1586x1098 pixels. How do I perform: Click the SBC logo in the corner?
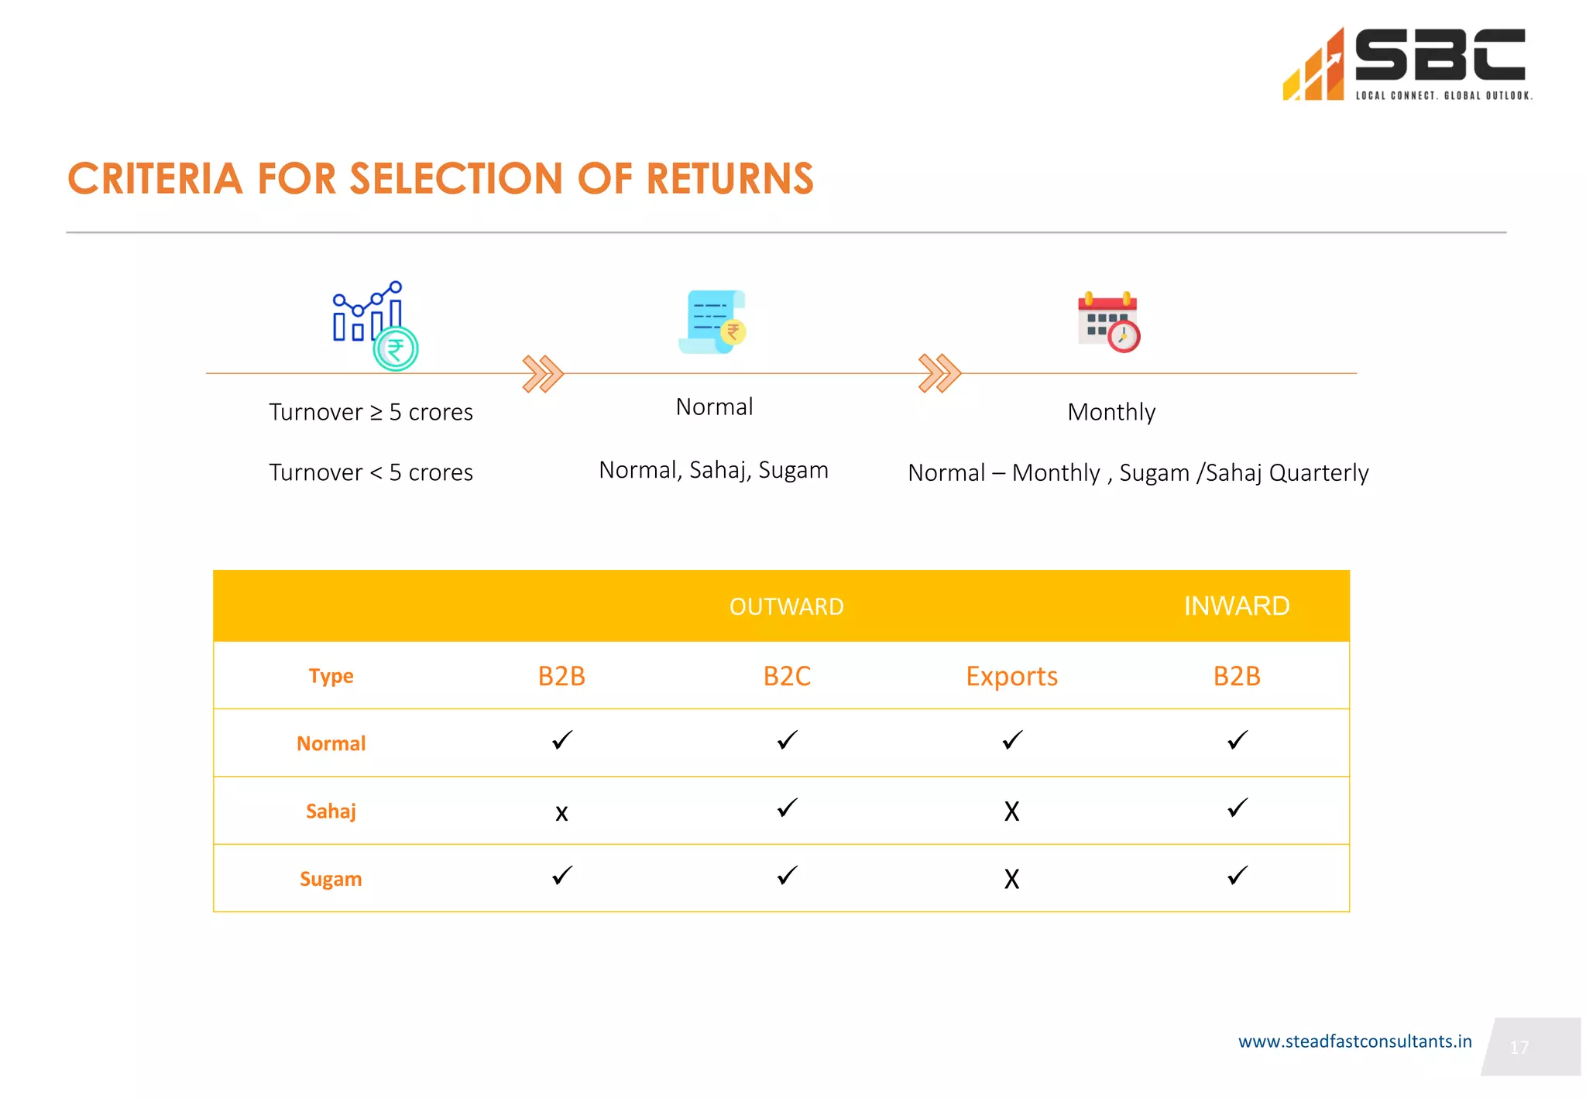click(1406, 63)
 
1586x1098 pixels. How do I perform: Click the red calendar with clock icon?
click(1109, 322)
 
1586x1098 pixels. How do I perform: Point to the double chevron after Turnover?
click(543, 374)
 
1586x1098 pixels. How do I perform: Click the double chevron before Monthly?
click(939, 374)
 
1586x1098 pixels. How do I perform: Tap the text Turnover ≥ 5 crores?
click(370, 412)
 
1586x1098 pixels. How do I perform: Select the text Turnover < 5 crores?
click(370, 472)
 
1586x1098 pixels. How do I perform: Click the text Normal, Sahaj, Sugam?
click(713, 470)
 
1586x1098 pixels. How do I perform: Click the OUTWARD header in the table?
click(786, 606)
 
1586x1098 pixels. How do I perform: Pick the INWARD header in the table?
click(1236, 606)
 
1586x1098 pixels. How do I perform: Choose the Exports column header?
click(1011, 676)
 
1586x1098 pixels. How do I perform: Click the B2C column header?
click(787, 676)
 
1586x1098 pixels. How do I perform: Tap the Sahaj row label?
click(331, 811)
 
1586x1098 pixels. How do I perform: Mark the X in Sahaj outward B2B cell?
click(561, 812)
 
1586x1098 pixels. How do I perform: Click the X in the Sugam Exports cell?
click(1011, 879)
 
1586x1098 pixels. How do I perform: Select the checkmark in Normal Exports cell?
click(1012, 740)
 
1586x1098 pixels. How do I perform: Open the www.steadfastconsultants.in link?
click(1354, 1041)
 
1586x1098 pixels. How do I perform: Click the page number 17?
click(1519, 1048)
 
